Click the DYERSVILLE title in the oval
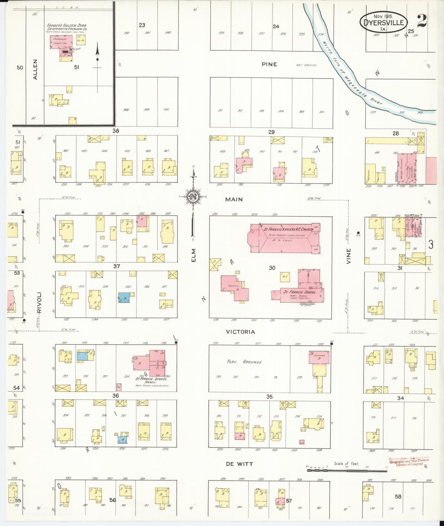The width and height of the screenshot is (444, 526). [384, 22]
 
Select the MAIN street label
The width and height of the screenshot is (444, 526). [234, 199]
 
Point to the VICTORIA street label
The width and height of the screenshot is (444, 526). [241, 332]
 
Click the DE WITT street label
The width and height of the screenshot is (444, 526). [239, 464]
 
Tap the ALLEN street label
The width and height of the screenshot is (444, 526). [35, 70]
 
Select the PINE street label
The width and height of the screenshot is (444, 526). [269, 64]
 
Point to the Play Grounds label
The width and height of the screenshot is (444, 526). [244, 362]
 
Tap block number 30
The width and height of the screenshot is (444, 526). [272, 268]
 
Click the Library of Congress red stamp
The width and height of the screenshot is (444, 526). [409, 461]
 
